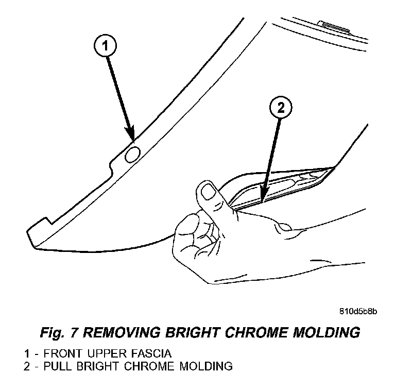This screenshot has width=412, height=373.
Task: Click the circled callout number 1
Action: tap(105, 47)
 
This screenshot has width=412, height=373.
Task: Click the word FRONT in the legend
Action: tap(62, 354)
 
